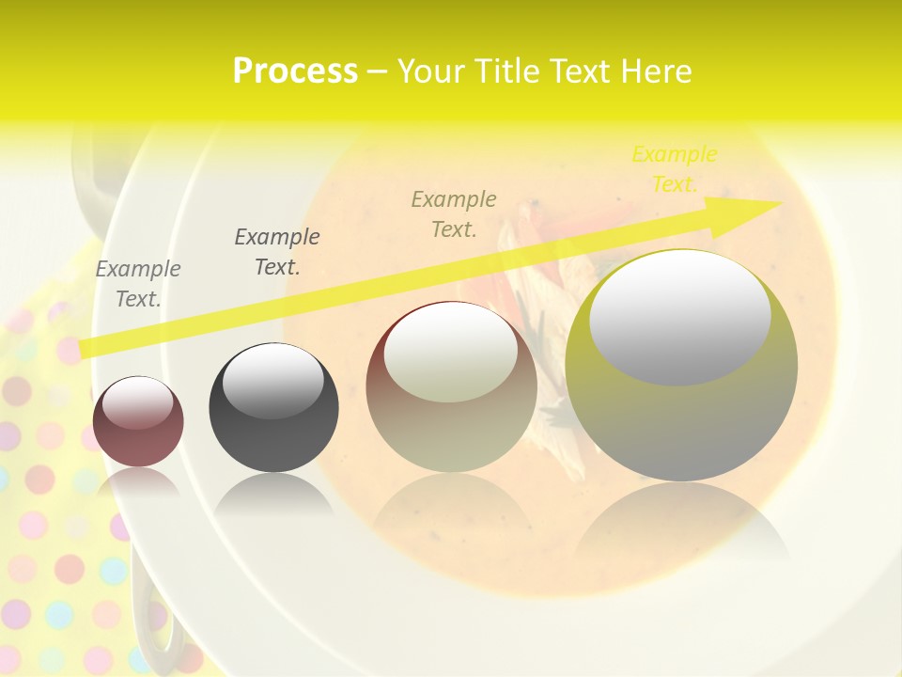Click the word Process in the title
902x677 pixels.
point(295,71)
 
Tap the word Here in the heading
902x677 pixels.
point(657,71)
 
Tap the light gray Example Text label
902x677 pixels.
point(138,284)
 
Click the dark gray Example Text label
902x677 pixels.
point(277,252)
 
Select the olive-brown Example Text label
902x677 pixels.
point(454,213)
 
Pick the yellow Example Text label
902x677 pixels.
point(674,169)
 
